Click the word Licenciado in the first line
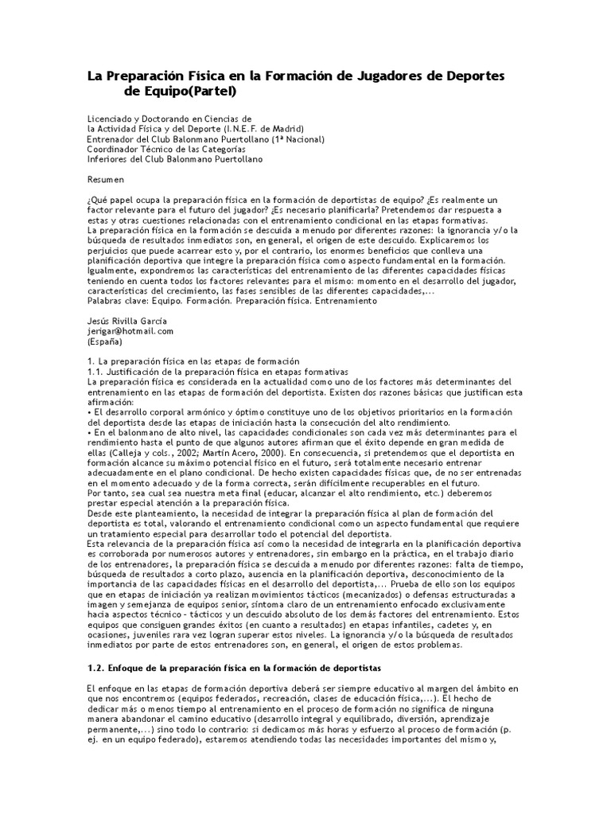(111, 119)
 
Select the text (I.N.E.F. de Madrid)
(263, 128)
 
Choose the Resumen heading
(105, 179)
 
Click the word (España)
(104, 341)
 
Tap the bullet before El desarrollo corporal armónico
(90, 412)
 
